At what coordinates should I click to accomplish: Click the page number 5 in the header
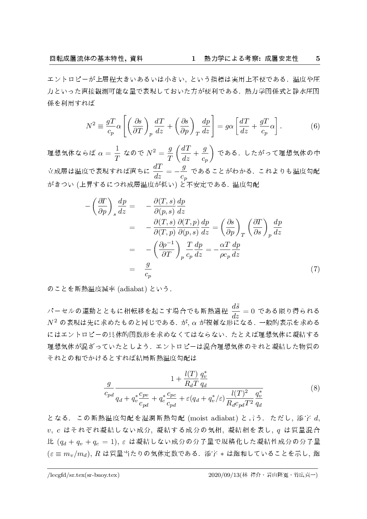318,58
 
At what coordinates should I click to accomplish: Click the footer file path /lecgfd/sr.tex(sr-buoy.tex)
84,475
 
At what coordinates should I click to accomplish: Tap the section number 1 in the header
193,58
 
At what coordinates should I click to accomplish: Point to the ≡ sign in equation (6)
102,126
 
